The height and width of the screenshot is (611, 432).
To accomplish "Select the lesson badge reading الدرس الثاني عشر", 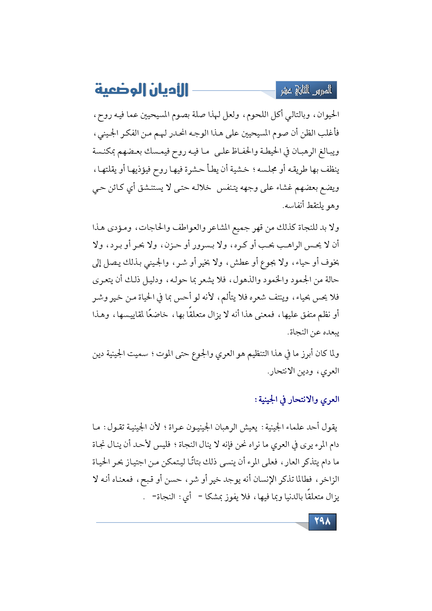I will click(306, 91).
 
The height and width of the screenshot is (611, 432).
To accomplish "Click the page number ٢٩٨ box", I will click(322, 521).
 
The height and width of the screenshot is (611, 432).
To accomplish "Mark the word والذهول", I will click(244, 280).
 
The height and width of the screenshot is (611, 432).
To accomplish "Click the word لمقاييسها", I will click(131, 315).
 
